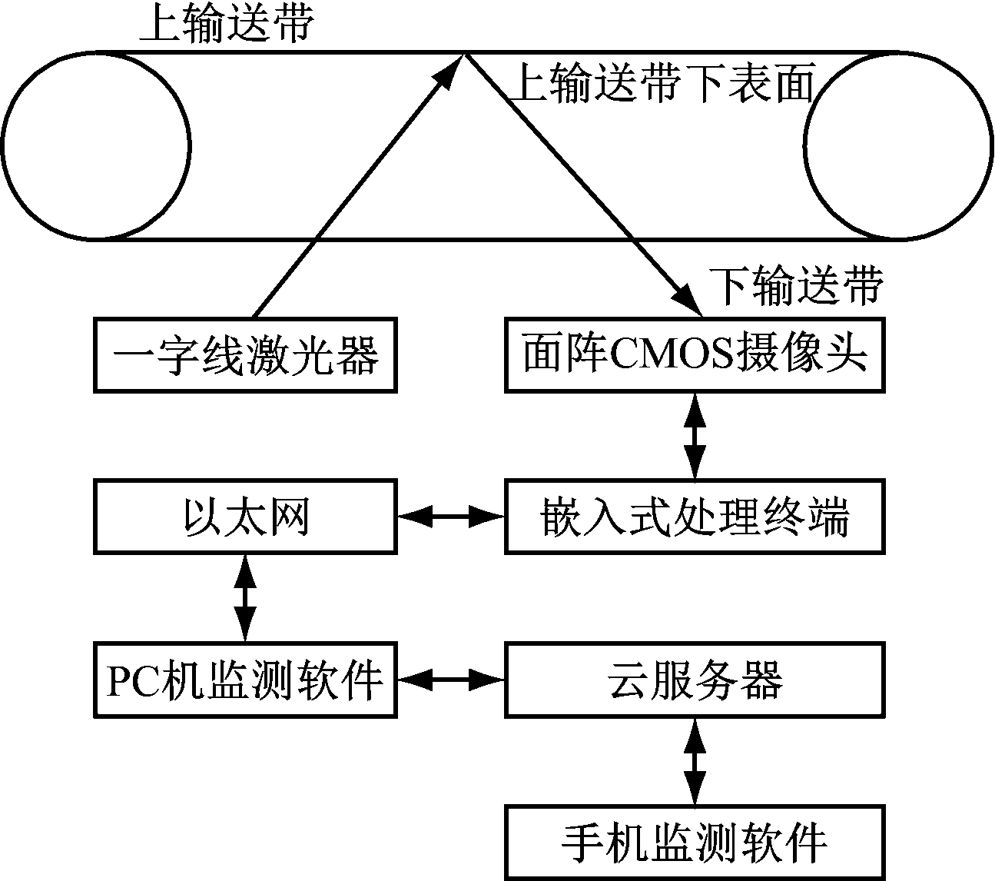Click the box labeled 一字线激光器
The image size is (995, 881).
[245, 355]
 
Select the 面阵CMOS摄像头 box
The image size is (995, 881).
[695, 355]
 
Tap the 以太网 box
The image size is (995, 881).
[245, 517]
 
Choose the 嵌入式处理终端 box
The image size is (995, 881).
[695, 517]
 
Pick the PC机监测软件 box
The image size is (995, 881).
[245, 680]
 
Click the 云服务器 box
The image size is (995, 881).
[695, 680]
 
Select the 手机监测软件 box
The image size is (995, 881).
[695, 842]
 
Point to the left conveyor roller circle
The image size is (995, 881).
[97, 146]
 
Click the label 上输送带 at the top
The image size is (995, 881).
[227, 25]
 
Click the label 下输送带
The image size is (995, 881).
[796, 286]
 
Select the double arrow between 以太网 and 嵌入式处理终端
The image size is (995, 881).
[450, 517]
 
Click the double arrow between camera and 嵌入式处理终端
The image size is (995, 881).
[695, 436]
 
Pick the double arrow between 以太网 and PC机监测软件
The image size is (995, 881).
[245, 597]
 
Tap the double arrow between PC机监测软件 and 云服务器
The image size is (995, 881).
[450, 679]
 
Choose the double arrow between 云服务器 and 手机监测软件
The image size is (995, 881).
[695, 761]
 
